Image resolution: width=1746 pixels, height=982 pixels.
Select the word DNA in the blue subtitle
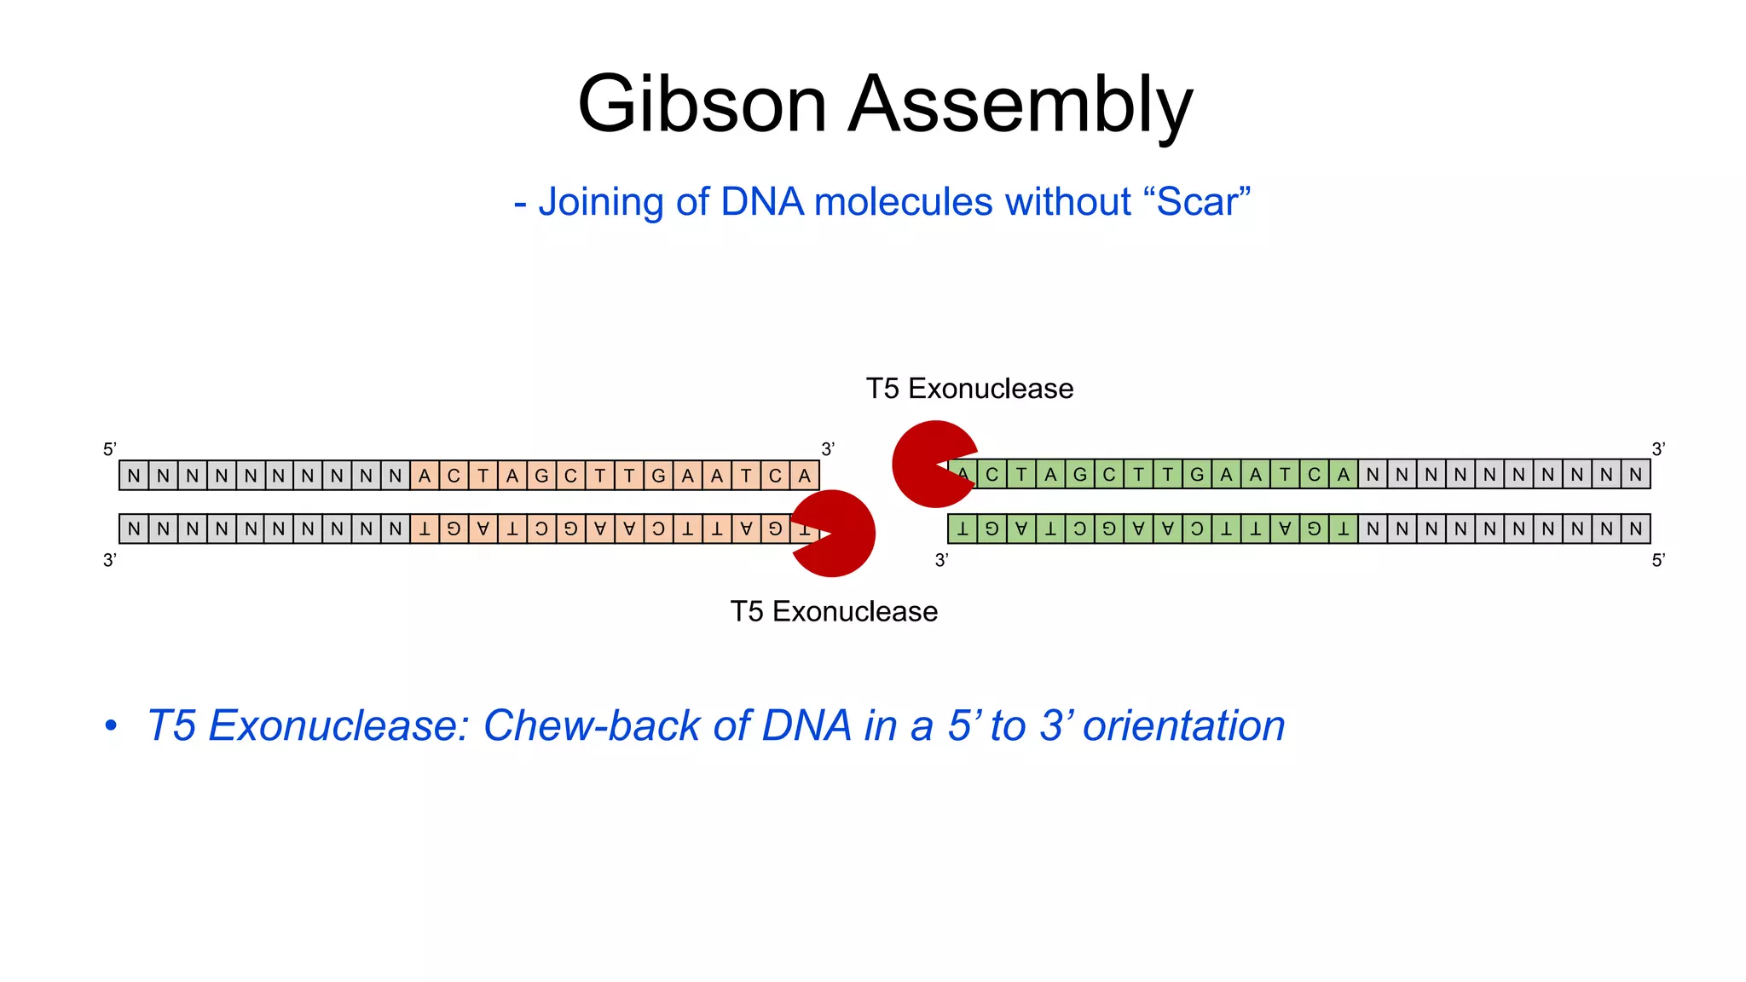click(x=761, y=203)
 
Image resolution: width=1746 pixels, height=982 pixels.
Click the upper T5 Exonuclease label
click(x=969, y=389)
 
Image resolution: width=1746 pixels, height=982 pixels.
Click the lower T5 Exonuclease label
click(x=834, y=612)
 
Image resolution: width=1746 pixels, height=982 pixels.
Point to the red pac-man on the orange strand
click(x=835, y=534)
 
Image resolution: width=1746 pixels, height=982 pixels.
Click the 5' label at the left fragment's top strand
click(x=109, y=449)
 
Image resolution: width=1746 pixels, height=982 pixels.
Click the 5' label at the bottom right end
click(x=1658, y=560)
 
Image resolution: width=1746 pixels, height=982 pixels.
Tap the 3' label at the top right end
click(x=1658, y=449)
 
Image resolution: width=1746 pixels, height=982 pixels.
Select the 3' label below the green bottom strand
click(x=941, y=560)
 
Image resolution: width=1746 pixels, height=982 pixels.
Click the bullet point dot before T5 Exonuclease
click(x=111, y=726)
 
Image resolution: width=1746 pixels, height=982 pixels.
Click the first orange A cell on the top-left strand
click(x=425, y=476)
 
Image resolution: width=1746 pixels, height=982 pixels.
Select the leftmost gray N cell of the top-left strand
click(x=134, y=476)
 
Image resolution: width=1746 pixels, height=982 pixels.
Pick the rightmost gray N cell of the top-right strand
click(x=1635, y=475)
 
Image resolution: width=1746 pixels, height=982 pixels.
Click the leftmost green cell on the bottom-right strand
click(x=963, y=529)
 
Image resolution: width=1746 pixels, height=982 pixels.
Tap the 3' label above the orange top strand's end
click(x=827, y=449)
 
